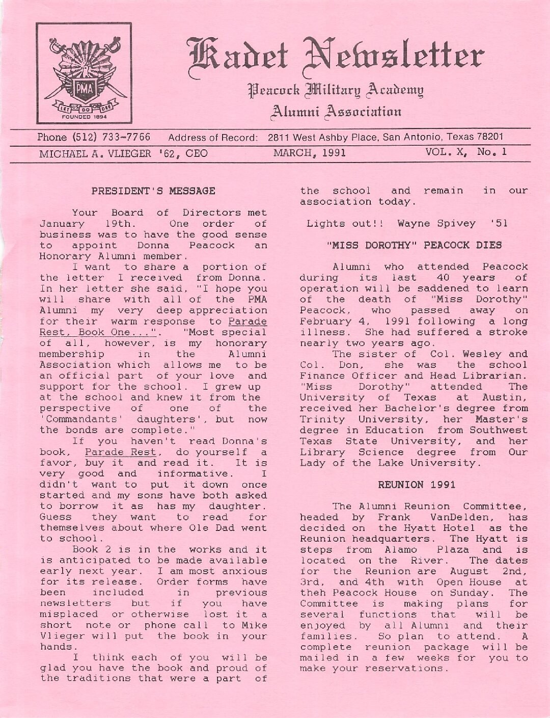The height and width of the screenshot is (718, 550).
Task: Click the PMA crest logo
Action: click(x=84, y=74)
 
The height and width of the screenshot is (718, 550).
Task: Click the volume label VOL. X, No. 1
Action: click(x=466, y=152)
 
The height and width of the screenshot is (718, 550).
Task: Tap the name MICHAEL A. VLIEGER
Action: click(x=94, y=153)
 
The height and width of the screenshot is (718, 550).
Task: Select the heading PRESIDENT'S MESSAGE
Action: click(x=153, y=192)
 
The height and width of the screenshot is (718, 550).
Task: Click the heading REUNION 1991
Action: click(x=417, y=485)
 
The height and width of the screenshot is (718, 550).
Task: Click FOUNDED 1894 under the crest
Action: click(x=84, y=116)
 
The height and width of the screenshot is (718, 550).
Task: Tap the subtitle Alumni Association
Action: click(x=337, y=111)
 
